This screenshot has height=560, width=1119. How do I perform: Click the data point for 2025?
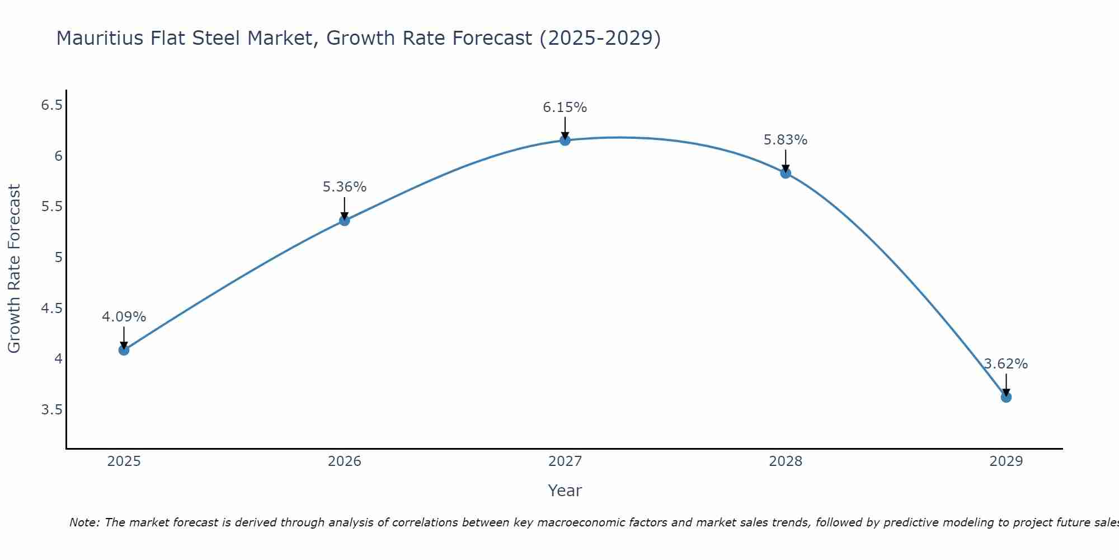pyautogui.click(x=124, y=350)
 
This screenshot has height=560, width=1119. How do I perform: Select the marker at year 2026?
pyautogui.click(x=344, y=221)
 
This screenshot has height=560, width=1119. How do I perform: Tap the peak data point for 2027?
pyautogui.click(x=565, y=140)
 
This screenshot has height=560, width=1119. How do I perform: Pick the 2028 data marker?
pyautogui.click(x=786, y=173)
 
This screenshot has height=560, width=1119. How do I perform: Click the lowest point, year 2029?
pyautogui.click(x=1006, y=397)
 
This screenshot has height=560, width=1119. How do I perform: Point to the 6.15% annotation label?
pyautogui.click(x=565, y=107)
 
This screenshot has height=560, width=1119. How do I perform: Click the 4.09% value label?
pyautogui.click(x=124, y=317)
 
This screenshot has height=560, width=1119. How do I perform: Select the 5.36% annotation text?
pyautogui.click(x=344, y=187)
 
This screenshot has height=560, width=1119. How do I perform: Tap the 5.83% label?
pyautogui.click(x=786, y=140)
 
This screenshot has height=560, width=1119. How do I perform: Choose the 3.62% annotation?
pyautogui.click(x=1006, y=364)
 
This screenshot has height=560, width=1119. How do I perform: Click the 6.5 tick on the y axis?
pyautogui.click(x=51, y=105)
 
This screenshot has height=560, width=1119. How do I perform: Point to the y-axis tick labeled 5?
pyautogui.click(x=58, y=258)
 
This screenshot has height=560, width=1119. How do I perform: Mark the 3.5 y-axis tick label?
pyautogui.click(x=51, y=410)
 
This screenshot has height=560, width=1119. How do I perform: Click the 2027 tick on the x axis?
pyautogui.click(x=565, y=461)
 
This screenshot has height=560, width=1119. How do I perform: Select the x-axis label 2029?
pyautogui.click(x=1006, y=461)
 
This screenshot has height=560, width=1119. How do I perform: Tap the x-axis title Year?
pyautogui.click(x=565, y=491)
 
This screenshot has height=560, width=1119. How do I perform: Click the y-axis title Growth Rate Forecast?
pyautogui.click(x=14, y=268)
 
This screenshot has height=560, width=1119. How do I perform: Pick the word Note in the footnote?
pyautogui.click(x=83, y=522)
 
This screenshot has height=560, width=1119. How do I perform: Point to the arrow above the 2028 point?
pyautogui.click(x=786, y=161)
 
